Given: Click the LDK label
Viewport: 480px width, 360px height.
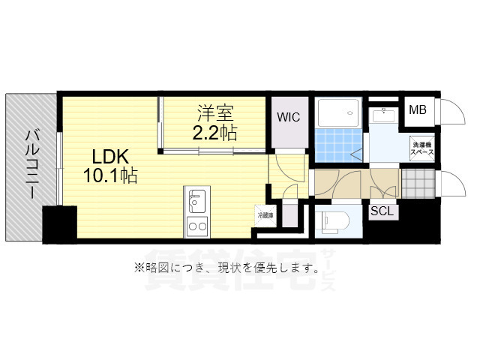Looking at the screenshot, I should pos(112,157).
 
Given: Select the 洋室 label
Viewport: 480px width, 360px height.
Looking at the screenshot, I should pos(216,115).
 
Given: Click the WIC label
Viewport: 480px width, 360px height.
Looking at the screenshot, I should pos(288,118).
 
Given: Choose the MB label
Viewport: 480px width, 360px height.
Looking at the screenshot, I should pos(417,111).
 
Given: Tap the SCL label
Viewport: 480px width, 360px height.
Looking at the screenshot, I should pos(382,211).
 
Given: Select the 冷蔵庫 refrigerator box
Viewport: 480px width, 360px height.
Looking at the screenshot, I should pos(265,215).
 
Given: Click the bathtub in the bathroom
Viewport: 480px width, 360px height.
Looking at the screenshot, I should pos(340,113).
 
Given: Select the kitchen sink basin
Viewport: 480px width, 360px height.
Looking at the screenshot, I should pos(196,201).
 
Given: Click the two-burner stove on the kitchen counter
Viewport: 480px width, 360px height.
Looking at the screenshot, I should pos(196,226).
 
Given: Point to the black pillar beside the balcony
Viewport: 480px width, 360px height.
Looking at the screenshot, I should pos(59,224).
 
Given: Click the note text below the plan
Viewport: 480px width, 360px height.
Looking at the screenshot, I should pos(226,267).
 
